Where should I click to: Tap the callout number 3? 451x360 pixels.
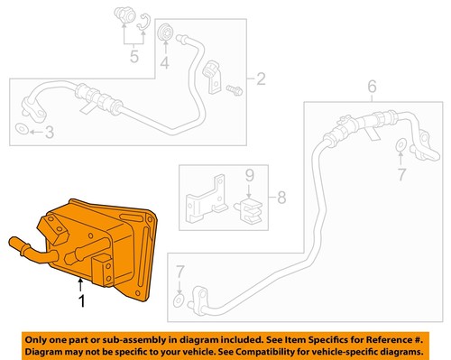[x=50, y=133]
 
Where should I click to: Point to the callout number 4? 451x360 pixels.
[x=165, y=63]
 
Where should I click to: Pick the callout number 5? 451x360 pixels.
[x=133, y=60]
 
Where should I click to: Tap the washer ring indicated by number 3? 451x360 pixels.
[x=22, y=133]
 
